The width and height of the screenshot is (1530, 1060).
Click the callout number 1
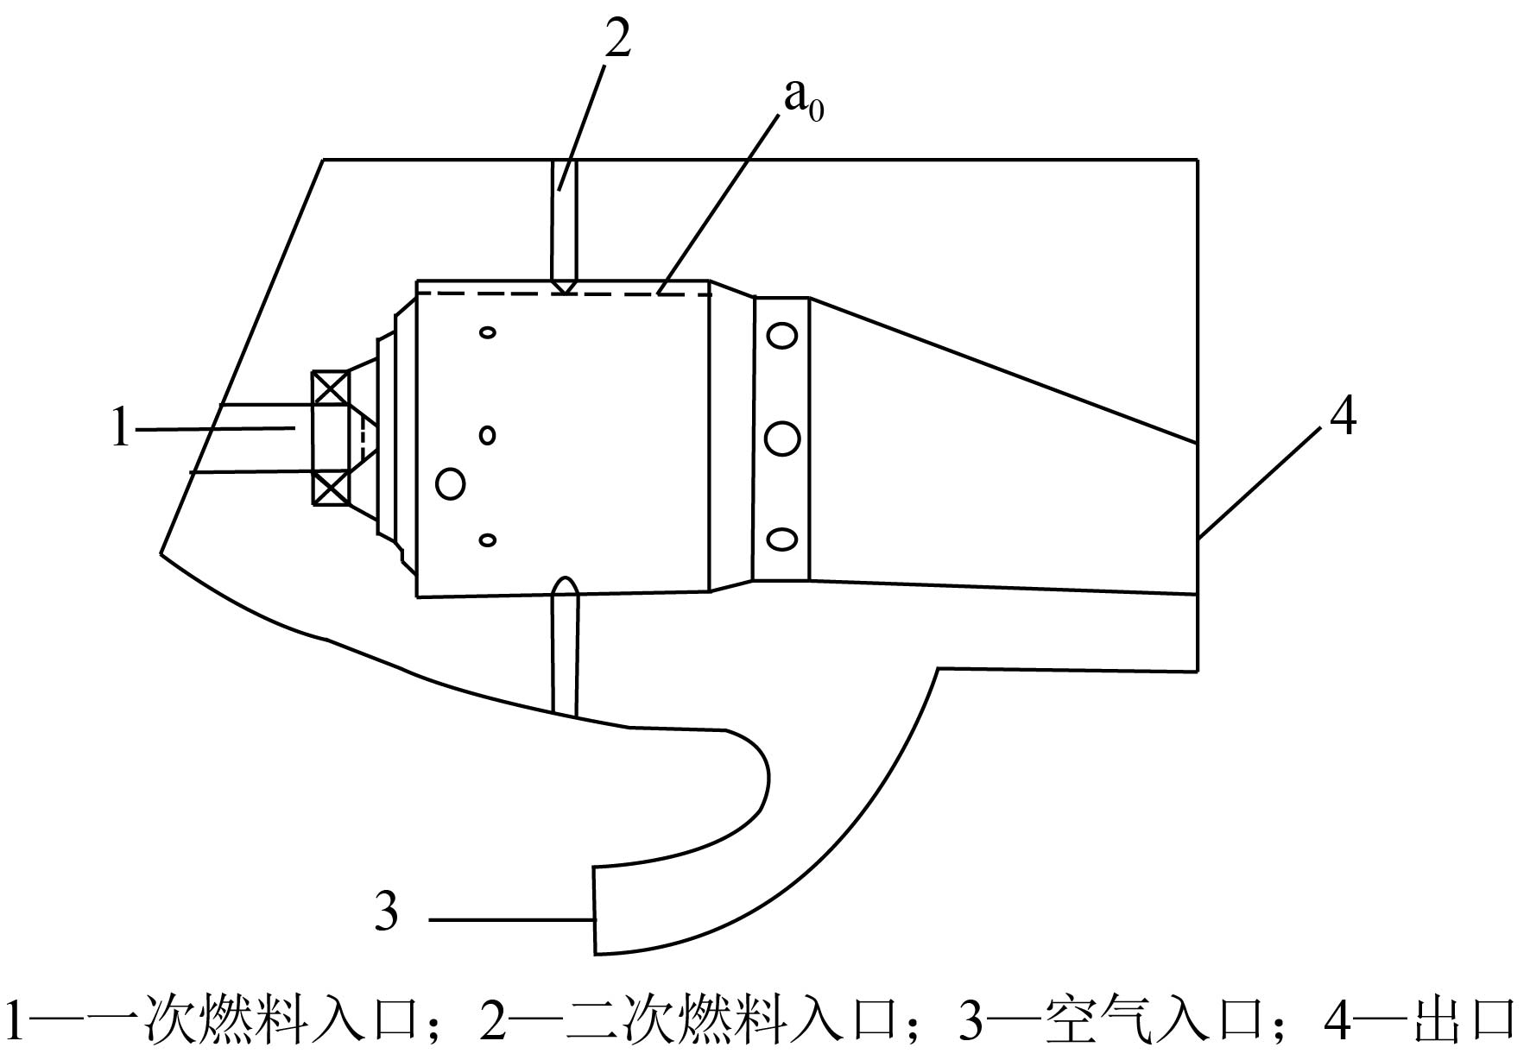[121, 428]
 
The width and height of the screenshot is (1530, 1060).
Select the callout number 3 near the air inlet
[386, 911]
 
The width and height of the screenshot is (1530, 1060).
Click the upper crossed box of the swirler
[331, 387]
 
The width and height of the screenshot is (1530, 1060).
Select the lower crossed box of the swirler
[331, 488]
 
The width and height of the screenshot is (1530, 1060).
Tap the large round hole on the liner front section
[451, 483]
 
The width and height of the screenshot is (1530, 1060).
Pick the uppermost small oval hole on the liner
[488, 332]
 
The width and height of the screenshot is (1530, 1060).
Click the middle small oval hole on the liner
[488, 435]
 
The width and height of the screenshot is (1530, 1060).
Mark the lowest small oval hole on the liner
[488, 540]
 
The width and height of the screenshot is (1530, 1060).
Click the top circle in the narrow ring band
[782, 335]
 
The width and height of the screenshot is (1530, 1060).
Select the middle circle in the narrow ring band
[782, 439]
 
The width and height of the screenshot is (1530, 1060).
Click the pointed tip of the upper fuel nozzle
[565, 293]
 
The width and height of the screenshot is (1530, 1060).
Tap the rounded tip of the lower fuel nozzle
[565, 577]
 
